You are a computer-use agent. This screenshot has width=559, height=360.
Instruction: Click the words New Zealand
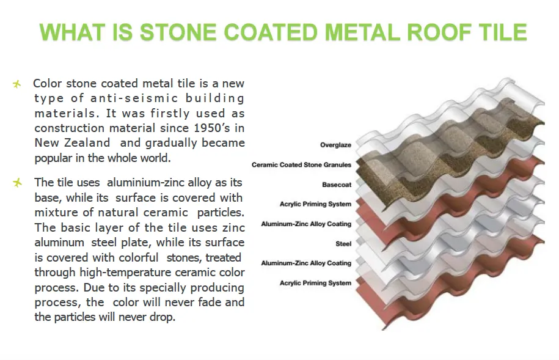[72, 142]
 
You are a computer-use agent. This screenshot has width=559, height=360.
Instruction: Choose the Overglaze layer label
[335, 145]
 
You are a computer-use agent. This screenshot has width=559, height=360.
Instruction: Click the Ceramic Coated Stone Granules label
[301, 165]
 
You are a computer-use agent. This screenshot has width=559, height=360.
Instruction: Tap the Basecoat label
[337, 185]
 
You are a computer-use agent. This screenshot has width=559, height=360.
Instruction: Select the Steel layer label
[343, 244]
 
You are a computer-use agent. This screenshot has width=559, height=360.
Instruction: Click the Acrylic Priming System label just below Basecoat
[315, 204]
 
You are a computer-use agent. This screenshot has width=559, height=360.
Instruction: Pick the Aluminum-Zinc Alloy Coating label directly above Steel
[306, 224]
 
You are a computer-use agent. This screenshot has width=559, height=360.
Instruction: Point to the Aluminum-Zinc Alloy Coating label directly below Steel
[306, 263]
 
